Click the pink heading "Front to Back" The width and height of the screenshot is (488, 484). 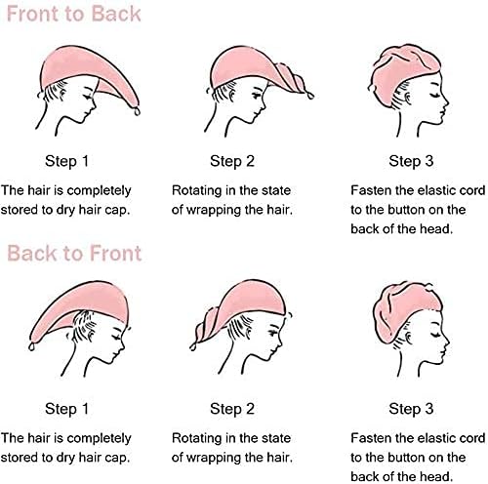(73, 14)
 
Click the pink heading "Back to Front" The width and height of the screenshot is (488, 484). (74, 253)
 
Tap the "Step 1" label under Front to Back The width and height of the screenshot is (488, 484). (66, 161)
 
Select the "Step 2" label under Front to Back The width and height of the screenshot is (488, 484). (232, 161)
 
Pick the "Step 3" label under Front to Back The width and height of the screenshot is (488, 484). (411, 161)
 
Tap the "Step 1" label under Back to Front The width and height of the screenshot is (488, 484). (66, 409)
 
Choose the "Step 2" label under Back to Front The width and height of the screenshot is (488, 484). (232, 409)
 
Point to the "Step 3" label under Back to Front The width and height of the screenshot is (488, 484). (411, 409)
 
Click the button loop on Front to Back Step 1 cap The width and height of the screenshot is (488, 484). (137, 111)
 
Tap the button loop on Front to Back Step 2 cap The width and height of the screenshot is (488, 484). (309, 96)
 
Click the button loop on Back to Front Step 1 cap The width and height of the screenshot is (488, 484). (31, 346)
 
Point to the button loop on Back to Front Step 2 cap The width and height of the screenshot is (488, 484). (193, 346)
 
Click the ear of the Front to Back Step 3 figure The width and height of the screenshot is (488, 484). (406, 98)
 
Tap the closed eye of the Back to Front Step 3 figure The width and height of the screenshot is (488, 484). (435, 335)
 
